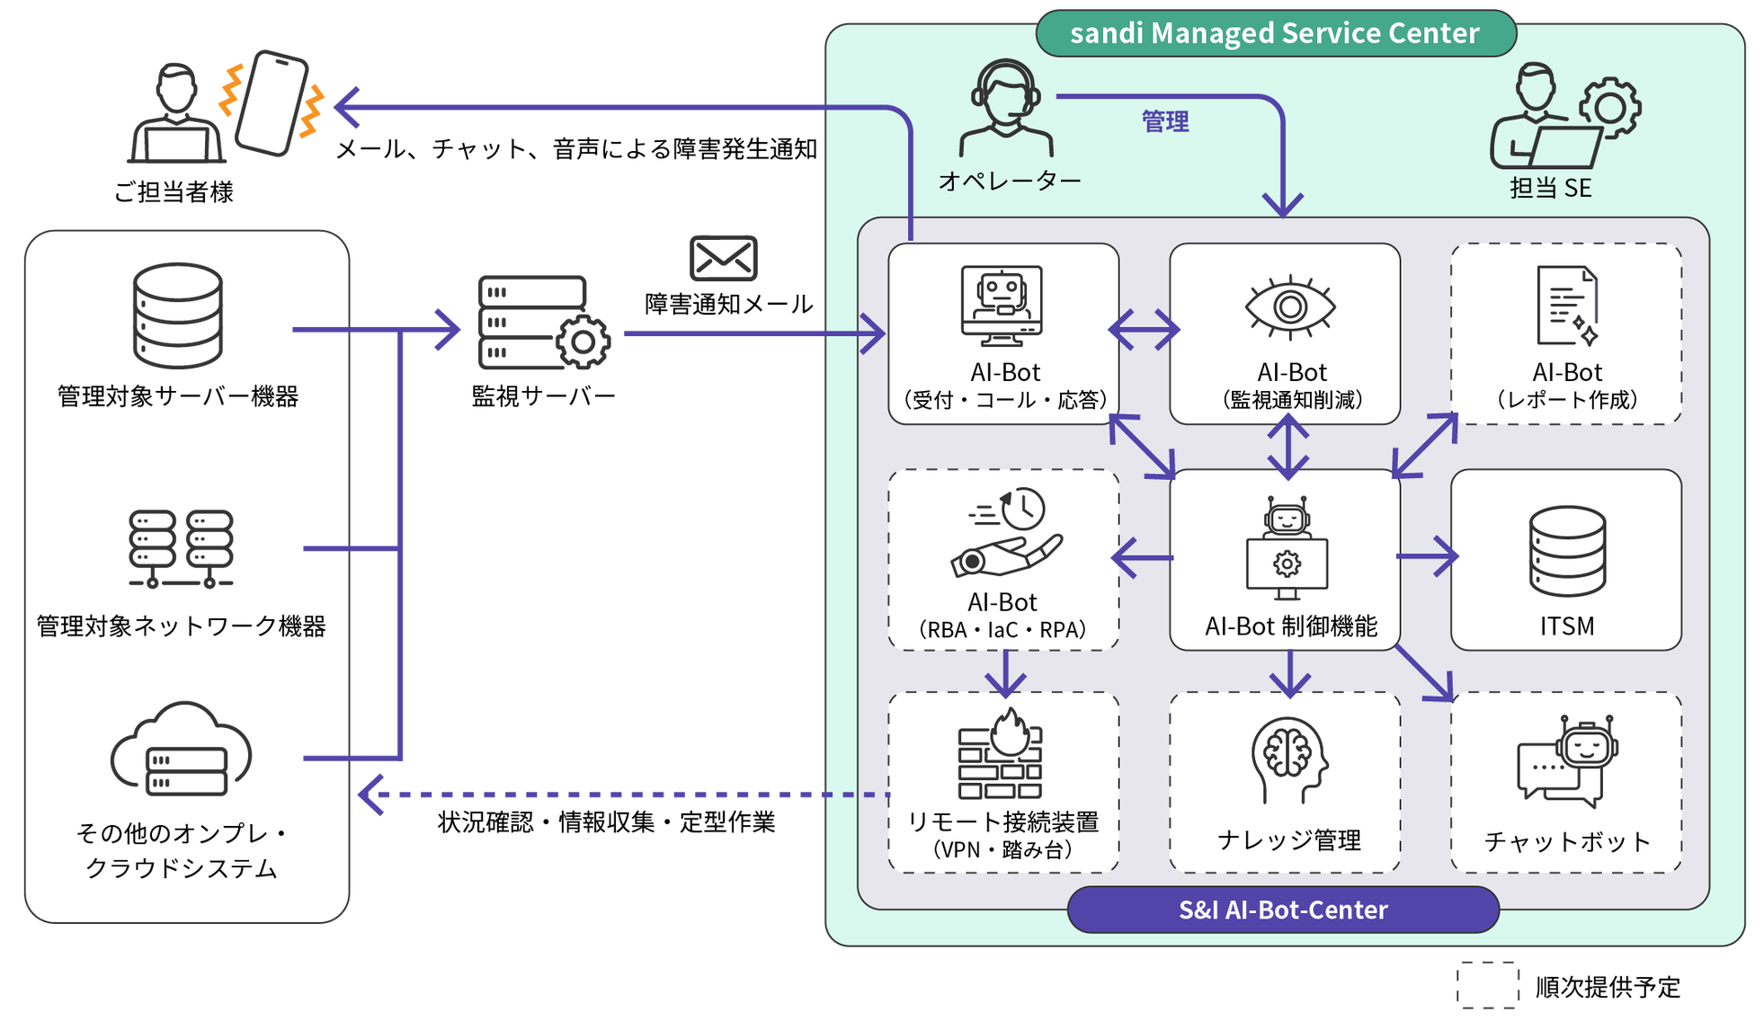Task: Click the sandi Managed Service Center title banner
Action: tap(1275, 33)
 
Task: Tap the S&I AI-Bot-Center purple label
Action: tap(1282, 910)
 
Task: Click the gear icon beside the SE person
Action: tap(1610, 108)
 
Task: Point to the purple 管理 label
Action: tap(1164, 121)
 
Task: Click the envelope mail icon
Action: tap(723, 259)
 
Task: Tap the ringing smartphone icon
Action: tap(272, 103)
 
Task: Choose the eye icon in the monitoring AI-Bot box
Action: tap(1289, 307)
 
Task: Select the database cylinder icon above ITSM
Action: tap(1567, 551)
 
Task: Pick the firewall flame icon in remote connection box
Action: tap(1001, 754)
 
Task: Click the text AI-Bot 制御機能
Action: tap(1290, 626)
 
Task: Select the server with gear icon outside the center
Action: tap(542, 323)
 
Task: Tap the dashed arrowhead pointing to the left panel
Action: tap(370, 795)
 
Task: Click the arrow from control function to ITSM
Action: tap(1430, 556)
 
